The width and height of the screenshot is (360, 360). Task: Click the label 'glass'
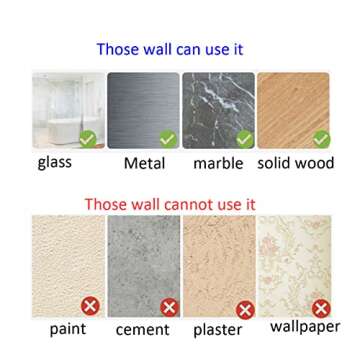tap(55, 163)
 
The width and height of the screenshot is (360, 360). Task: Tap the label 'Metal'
tap(144, 162)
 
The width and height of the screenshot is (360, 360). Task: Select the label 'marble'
tap(218, 162)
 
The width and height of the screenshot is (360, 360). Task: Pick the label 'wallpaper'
tap(305, 326)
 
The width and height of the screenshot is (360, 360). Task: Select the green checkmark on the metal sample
tap(166, 140)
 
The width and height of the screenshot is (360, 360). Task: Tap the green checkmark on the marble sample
tap(243, 139)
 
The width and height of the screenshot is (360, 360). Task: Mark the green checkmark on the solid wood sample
tap(320, 139)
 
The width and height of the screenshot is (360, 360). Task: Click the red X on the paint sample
tap(91, 306)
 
